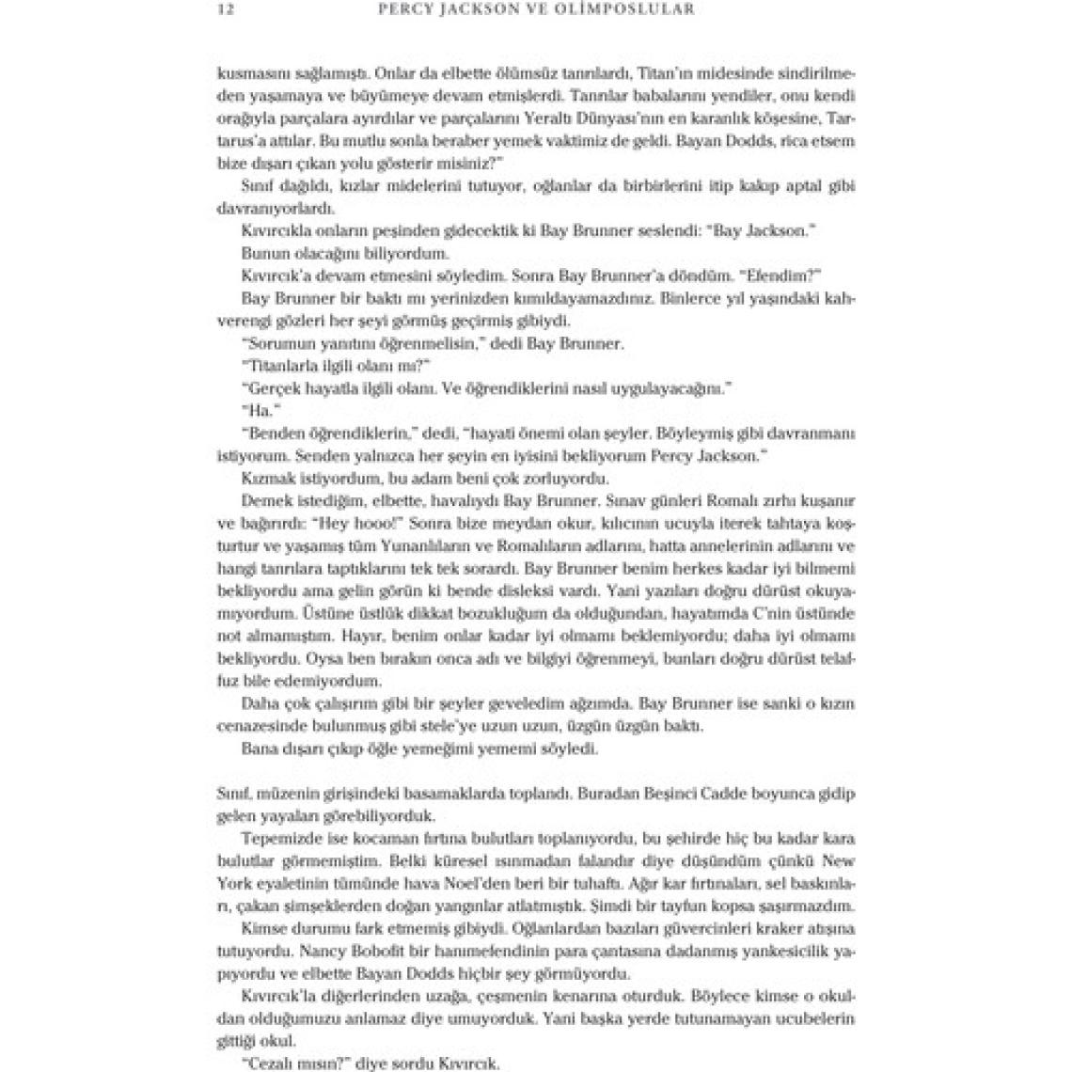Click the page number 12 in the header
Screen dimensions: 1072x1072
coord(224,10)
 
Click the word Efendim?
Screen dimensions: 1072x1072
coord(791,276)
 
